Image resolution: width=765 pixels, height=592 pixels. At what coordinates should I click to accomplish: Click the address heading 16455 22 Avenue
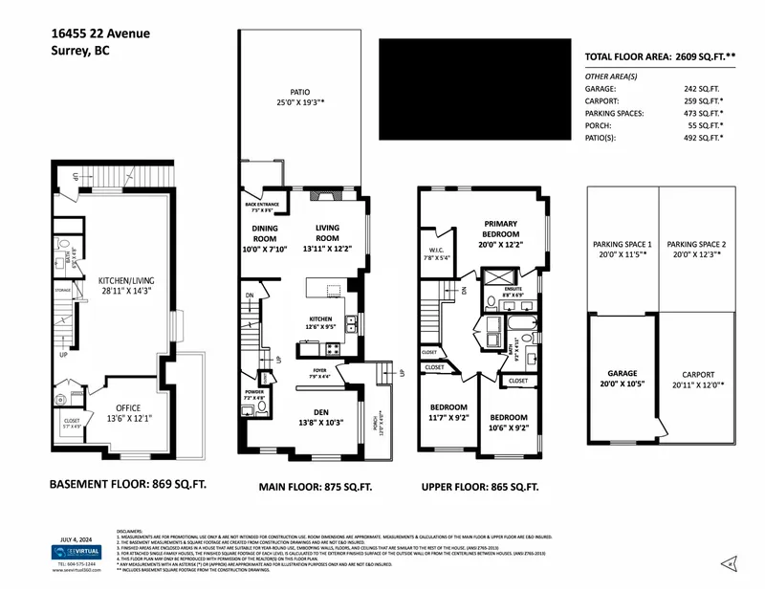(100, 33)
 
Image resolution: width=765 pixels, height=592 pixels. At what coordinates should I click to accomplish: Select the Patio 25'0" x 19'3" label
(299, 97)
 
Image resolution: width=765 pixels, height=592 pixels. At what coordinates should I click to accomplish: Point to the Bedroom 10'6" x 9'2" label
(509, 424)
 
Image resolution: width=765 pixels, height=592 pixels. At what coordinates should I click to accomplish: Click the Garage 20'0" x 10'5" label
(622, 379)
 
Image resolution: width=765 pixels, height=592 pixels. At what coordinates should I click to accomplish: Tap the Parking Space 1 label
(622, 250)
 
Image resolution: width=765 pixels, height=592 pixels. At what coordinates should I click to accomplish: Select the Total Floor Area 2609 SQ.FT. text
(660, 57)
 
